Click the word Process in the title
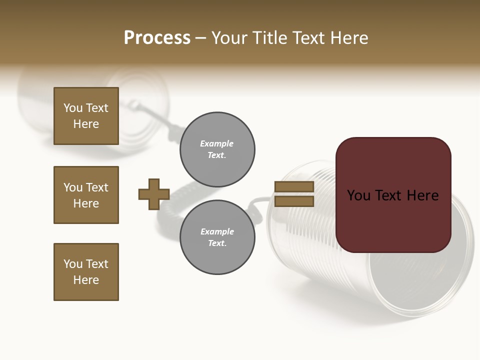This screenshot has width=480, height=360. tap(157, 38)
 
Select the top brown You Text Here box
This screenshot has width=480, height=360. tap(86, 116)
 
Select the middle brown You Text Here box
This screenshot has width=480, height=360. tap(86, 195)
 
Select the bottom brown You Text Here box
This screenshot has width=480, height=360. tap(86, 272)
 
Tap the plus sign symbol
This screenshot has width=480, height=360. tap(154, 194)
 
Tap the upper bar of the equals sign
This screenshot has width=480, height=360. tap(294, 186)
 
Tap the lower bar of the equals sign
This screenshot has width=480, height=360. tap(294, 201)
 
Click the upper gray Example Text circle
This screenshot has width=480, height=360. tap(217, 149)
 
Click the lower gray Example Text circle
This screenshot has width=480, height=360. tap(217, 237)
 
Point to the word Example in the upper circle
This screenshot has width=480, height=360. tap(217, 143)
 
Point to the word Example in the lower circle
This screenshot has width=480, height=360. tap(217, 231)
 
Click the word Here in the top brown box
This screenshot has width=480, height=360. tap(86, 124)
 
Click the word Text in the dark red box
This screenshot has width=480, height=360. tap(392, 195)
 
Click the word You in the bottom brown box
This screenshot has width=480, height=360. tap(73, 264)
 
